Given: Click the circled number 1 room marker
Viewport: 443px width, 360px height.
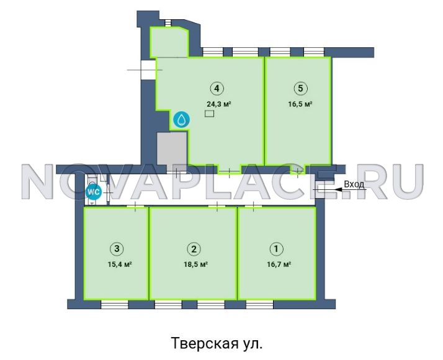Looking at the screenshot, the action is point(277,249).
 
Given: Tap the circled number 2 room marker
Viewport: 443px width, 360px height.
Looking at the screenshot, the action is point(194,249).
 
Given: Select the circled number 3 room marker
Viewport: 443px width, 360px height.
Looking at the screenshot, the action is point(117,249).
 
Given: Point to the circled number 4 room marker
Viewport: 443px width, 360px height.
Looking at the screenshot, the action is point(217,88).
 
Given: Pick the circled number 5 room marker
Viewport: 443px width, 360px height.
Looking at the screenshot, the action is point(300,88).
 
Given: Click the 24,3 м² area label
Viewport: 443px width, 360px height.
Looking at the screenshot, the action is point(219,104).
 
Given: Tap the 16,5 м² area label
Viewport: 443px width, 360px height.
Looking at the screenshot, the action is point(300,104).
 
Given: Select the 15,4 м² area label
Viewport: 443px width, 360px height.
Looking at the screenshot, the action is point(120,265).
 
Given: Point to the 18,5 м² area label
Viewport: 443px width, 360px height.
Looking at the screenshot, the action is point(196,265).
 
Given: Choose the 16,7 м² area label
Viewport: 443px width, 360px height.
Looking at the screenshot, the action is point(279,265).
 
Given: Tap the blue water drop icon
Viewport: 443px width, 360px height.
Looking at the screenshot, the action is point(181,120).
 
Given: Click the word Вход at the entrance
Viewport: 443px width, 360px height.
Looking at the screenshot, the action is point(354,184).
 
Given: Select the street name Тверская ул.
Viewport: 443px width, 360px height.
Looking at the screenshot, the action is point(217,343).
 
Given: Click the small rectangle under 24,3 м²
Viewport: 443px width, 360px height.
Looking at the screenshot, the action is point(209,114).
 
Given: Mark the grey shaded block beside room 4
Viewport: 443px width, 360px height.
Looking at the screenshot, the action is point(172,148).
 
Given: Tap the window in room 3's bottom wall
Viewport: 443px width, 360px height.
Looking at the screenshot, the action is point(115,304).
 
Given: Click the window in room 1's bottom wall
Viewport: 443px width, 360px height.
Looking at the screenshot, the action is point(259,304).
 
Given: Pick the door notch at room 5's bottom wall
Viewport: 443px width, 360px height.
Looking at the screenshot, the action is point(298,169).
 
